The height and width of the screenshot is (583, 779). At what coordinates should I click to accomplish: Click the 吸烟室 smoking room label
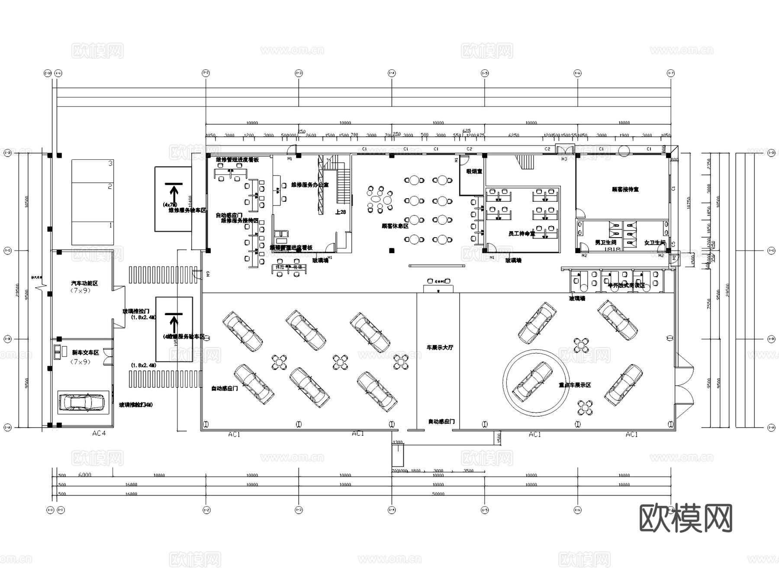point(474,171)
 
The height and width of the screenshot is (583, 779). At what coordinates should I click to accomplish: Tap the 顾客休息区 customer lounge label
point(395,226)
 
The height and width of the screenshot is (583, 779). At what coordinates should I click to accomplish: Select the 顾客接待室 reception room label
point(625,190)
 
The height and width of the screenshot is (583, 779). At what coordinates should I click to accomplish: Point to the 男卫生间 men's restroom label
point(605,242)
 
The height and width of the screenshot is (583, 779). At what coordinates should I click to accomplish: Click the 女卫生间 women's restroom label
point(654,242)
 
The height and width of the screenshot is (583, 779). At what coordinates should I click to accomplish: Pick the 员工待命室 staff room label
point(521,234)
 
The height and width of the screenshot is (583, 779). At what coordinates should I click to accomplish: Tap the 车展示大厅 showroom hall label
point(440,348)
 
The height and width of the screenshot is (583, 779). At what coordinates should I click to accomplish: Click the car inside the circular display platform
point(532,381)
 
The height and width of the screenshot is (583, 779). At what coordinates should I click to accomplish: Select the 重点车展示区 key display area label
point(575,385)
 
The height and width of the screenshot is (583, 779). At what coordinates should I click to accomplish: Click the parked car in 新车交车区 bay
point(82,402)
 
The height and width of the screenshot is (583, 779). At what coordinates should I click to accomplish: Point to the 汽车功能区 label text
point(84,283)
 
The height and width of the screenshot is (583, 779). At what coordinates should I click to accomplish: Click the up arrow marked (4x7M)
point(174,190)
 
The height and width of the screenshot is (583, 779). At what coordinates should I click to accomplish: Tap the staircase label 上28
point(341,212)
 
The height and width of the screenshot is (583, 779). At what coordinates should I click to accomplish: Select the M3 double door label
point(564,159)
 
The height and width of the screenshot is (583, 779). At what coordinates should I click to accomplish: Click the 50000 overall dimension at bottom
point(438,494)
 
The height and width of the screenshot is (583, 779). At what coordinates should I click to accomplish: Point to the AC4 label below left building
point(99,433)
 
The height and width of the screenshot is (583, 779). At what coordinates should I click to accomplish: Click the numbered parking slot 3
point(110,164)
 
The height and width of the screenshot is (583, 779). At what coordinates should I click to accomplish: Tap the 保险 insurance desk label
point(280,267)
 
